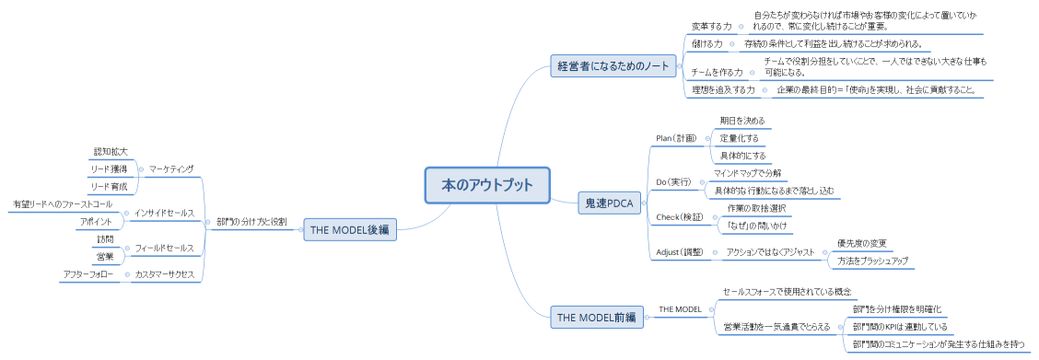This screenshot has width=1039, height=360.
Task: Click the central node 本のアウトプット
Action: point(487,184)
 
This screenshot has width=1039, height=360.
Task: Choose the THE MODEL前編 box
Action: point(596,317)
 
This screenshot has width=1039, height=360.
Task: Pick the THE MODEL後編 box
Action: point(350,230)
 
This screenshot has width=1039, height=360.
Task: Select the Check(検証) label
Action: point(680,217)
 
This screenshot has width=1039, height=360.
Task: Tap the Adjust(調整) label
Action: point(680,251)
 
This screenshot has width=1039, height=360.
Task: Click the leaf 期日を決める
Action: point(741,121)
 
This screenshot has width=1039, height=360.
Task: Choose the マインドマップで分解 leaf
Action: point(747,173)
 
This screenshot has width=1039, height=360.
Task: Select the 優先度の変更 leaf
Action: point(861,243)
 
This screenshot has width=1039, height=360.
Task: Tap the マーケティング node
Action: point(172,168)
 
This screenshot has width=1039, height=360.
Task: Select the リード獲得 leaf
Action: point(109,168)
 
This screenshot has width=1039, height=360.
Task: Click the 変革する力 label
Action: point(711,26)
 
